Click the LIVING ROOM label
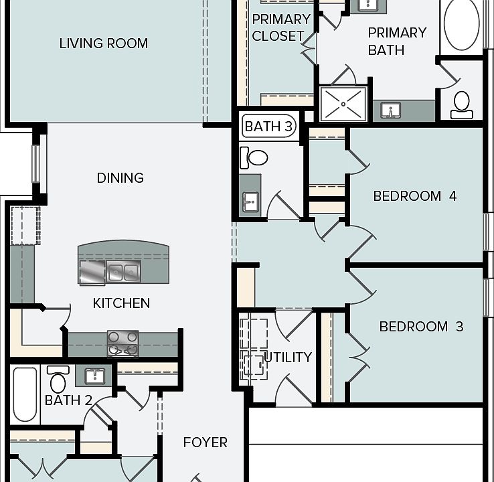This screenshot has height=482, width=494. pos(104,44)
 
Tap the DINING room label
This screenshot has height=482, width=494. pos(120,178)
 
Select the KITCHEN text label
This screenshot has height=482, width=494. pos(121,303)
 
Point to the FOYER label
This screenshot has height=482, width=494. pos(205,443)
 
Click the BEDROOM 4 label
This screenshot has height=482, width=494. pos(415,196)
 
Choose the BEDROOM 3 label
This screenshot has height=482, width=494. pos(422,327)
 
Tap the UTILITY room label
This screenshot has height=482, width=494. pos(288,357)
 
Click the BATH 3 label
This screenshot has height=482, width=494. pos(268,126)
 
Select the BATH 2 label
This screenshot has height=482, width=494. pos(68,400)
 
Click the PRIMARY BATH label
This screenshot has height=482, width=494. pos(396,41)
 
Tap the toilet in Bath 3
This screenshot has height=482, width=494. pos(254,157)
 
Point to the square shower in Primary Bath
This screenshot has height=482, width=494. pos(343,104)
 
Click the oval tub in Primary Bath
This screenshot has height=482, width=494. pos(462,25)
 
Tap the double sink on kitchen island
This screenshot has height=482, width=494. pos(124,272)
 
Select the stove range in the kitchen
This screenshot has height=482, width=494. pos(123,343)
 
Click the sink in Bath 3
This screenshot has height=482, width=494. pos(250,199)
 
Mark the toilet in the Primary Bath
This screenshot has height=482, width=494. pos(462,104)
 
